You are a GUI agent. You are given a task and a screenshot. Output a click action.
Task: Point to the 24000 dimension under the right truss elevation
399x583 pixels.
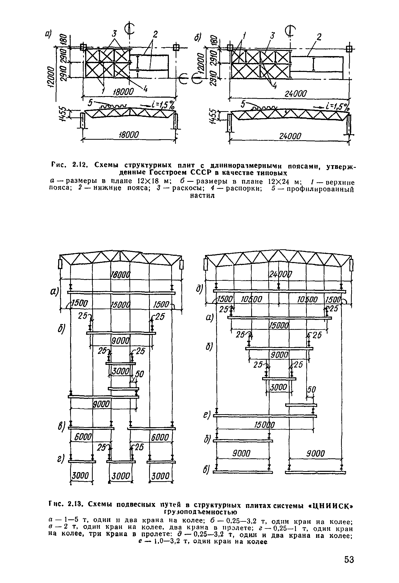(290, 136)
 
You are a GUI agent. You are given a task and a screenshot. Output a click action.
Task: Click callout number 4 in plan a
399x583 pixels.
(145, 89)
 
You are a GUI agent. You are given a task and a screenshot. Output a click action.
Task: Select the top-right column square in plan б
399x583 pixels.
(349, 49)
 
